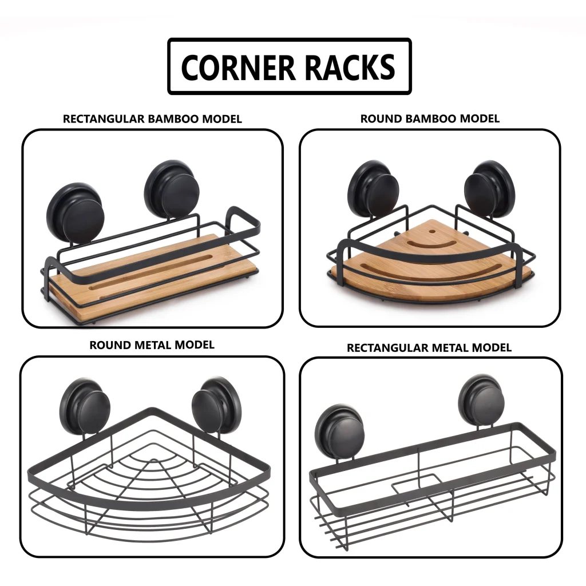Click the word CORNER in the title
pos(239,67)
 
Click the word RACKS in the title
pos(350,67)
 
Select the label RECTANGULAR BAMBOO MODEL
pos(152,119)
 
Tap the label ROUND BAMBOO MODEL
pos(430,118)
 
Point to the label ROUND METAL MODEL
pos(152,345)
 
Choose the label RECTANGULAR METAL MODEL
pos(429,347)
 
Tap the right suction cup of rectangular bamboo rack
pos(172,189)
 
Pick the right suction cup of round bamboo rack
pos(489,188)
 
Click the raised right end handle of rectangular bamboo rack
pos(243,217)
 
